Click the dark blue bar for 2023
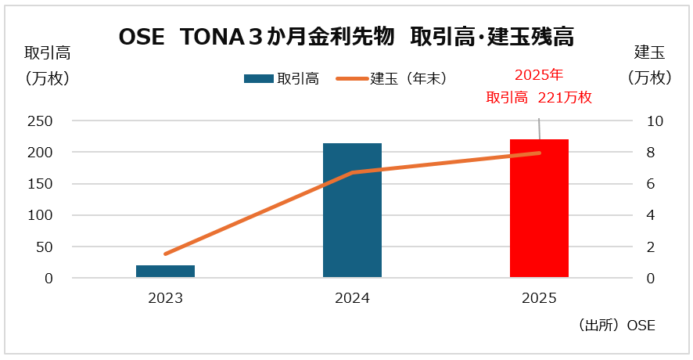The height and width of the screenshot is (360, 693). pos(165,271)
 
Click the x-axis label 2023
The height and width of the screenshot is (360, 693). pos(165,298)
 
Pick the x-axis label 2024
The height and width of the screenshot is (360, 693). pos(352,298)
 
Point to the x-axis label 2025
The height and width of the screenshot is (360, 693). pos(539,298)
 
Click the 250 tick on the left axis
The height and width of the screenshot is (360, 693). pos(41,121)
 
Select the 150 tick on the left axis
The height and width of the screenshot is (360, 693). pos(41,184)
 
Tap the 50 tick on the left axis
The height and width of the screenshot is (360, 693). pos(44,247)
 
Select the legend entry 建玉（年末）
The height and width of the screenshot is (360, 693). pos(408,78)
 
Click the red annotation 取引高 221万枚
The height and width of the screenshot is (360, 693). pos(539,98)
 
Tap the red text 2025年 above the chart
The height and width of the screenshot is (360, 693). pos(539,75)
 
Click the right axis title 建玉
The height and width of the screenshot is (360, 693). pos(649,53)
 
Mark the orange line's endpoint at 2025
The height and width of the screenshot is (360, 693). pos(539,153)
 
